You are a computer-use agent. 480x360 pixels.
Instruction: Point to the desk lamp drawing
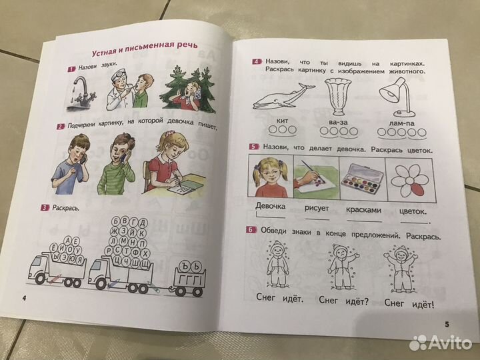[x=397, y=97]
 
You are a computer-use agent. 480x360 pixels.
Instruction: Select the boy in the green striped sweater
[x=117, y=164]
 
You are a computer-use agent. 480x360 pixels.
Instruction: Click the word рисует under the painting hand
[x=317, y=208]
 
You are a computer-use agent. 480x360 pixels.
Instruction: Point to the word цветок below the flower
[x=413, y=211]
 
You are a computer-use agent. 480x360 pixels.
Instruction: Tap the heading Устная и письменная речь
[x=145, y=49]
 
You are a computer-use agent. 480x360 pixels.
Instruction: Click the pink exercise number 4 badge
[x=257, y=61]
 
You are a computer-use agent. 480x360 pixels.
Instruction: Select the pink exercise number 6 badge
[x=251, y=229]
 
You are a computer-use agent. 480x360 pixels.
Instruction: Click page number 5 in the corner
[x=447, y=324]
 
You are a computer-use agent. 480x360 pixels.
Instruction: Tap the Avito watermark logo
[x=441, y=343]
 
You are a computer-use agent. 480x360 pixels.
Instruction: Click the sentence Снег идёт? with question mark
[x=343, y=301]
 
